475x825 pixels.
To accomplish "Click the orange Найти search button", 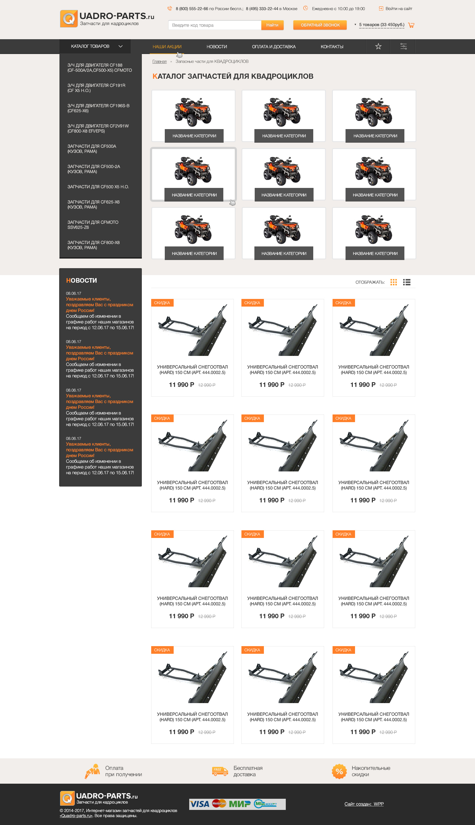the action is [272, 25].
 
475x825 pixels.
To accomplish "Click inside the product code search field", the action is [215, 25].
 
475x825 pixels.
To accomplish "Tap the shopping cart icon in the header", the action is [411, 25].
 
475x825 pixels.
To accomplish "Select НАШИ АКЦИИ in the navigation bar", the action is [167, 47].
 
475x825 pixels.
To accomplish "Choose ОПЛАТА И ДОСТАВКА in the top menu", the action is [274, 47].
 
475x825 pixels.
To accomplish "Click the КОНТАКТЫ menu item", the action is [332, 47].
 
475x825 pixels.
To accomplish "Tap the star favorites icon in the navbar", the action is [378, 46].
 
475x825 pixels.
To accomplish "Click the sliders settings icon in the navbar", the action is [403, 46].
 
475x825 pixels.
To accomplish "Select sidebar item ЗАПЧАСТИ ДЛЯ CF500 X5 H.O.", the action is [98, 187].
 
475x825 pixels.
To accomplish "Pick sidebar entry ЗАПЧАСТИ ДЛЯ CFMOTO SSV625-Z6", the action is [93, 225].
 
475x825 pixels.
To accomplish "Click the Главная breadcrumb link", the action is [159, 61].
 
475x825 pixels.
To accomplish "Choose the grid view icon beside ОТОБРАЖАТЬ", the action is [394, 282].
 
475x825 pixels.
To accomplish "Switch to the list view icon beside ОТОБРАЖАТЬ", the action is [406, 282].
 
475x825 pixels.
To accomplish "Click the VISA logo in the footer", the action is [200, 804].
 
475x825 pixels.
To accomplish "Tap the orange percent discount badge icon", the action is [339, 771].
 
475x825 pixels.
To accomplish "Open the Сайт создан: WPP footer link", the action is [364, 804].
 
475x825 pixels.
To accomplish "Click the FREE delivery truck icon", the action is [220, 771].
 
